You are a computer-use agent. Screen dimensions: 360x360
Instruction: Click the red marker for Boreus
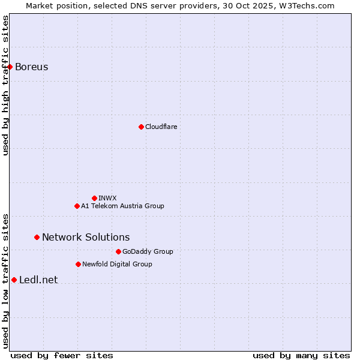(x=10, y=67)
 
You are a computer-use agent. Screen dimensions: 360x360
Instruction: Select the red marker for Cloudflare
(x=141, y=127)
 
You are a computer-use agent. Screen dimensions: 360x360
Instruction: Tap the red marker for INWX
(x=94, y=198)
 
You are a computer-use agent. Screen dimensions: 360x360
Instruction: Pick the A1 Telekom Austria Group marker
(x=77, y=206)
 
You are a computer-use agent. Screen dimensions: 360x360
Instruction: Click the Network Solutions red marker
(x=37, y=237)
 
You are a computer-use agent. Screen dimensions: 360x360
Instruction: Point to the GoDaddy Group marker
(x=118, y=251)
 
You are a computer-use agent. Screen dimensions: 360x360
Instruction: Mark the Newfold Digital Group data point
(x=78, y=264)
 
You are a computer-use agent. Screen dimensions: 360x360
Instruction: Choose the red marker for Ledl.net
(x=14, y=280)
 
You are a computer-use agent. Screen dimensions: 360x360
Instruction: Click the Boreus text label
(x=31, y=67)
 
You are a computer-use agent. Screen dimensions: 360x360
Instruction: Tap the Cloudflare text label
(x=161, y=127)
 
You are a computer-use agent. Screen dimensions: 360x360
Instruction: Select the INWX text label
(x=107, y=198)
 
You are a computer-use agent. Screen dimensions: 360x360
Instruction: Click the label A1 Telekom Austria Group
(x=122, y=206)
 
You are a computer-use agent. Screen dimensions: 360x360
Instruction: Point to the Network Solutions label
(x=86, y=237)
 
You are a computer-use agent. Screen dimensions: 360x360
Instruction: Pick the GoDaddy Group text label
(x=148, y=251)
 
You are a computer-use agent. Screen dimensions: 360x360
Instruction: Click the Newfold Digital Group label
(x=117, y=264)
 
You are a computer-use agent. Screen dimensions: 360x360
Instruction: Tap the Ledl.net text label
(x=38, y=280)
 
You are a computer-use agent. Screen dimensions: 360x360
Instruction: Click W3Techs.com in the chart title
(x=305, y=5)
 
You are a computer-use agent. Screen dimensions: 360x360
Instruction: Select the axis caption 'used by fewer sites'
(x=62, y=355)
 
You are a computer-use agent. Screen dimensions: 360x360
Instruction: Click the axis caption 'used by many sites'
(x=301, y=355)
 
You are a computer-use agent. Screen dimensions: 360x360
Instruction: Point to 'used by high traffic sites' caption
(x=5, y=85)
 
